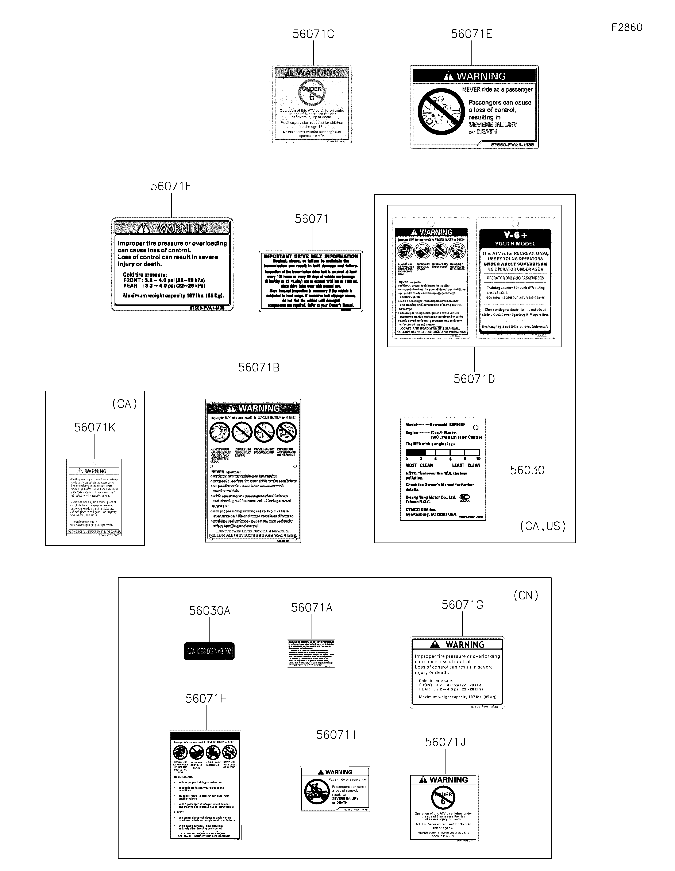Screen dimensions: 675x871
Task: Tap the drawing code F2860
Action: (627, 28)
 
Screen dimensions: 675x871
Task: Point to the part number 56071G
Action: (462, 605)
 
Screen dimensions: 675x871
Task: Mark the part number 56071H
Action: (206, 699)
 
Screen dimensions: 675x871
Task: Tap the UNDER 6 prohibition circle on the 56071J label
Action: (443, 798)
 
